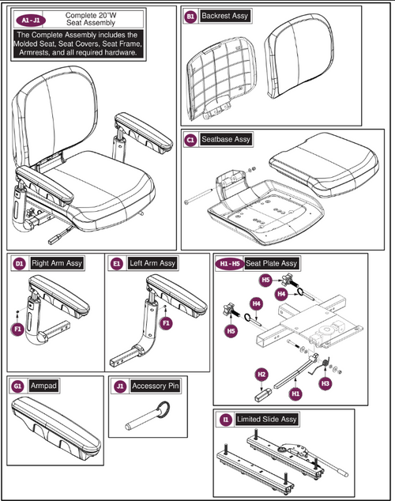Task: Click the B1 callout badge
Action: (190, 16)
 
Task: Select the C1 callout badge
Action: (190, 139)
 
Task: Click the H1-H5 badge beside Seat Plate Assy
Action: (230, 262)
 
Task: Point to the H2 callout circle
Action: (261, 374)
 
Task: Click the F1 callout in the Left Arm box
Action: (166, 322)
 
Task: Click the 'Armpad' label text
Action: (41, 387)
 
